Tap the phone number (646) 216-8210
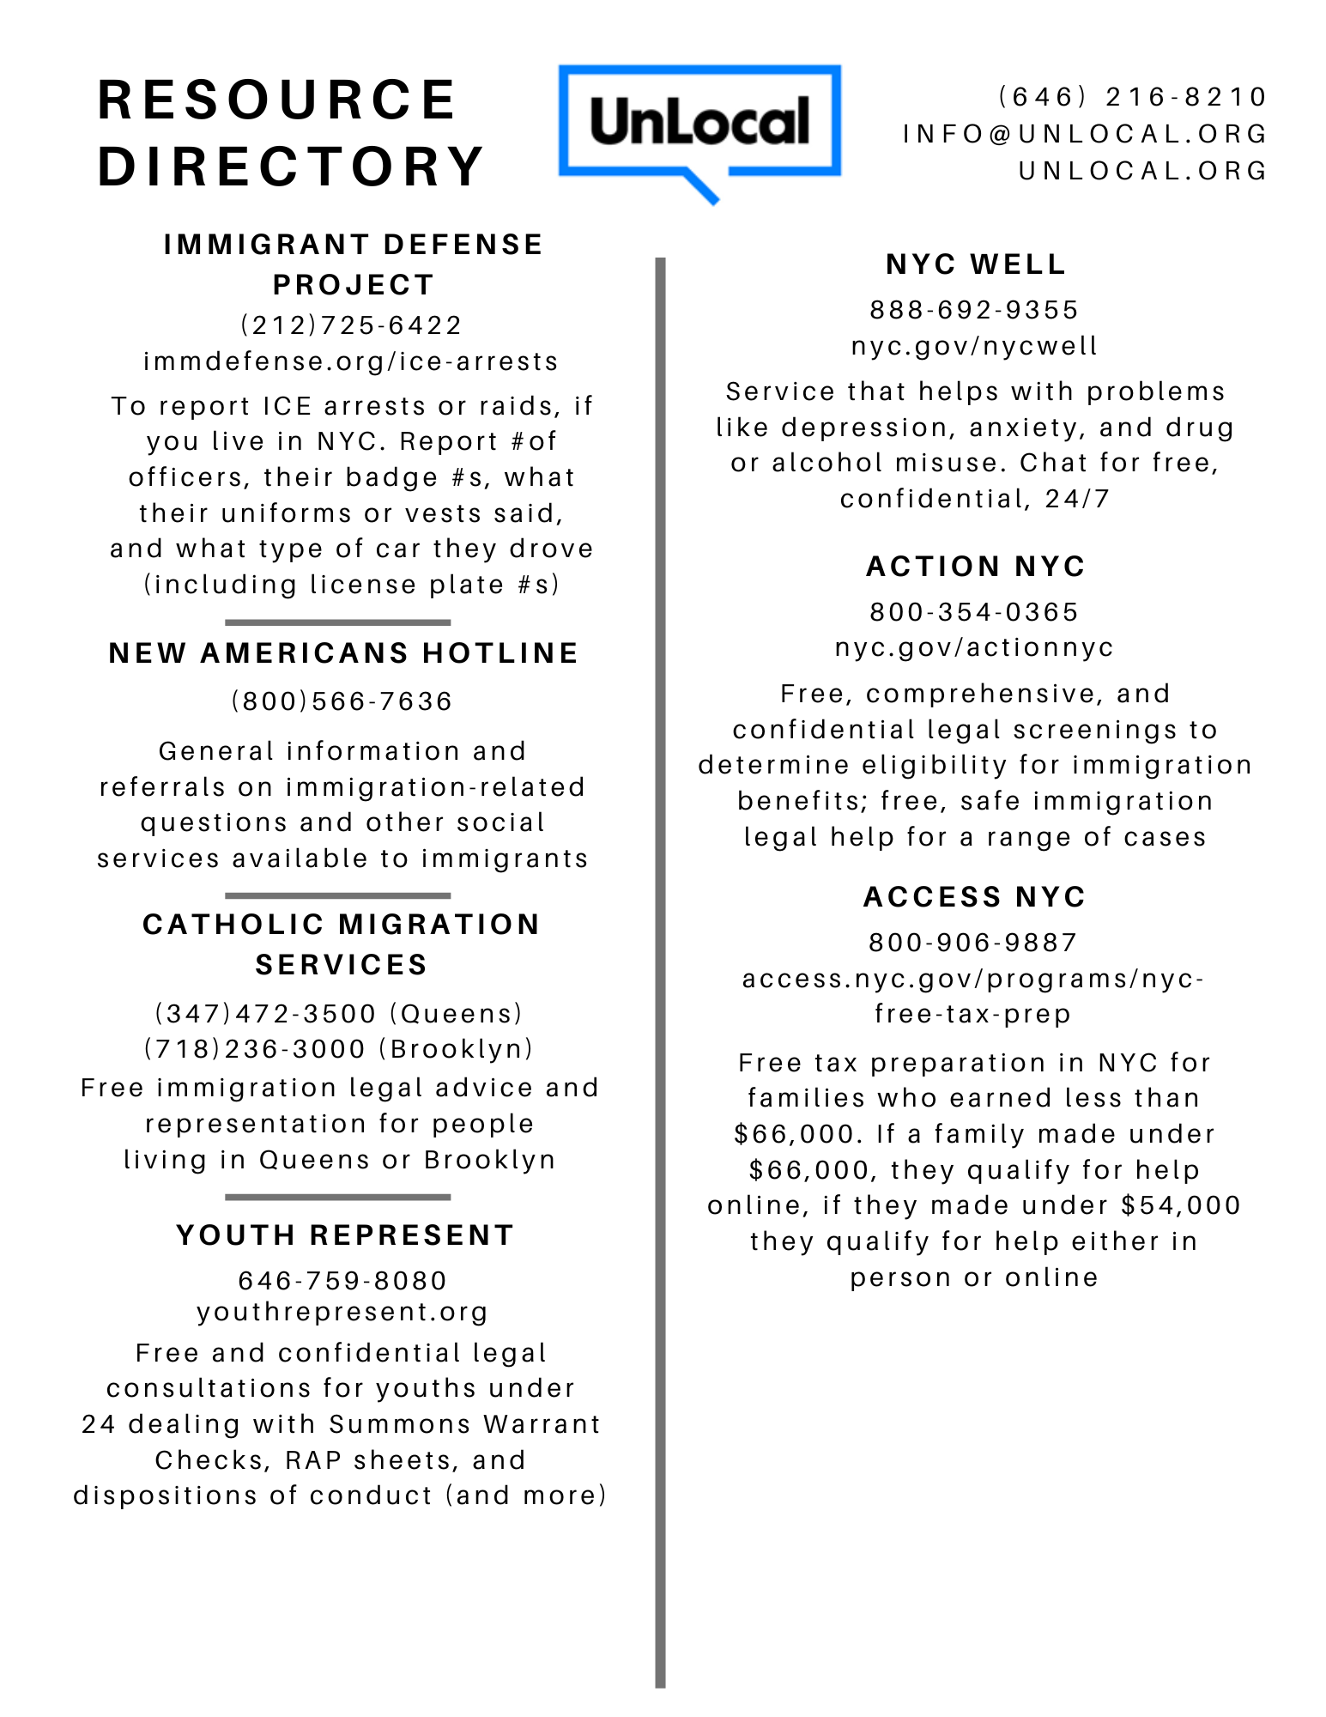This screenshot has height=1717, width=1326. (1133, 97)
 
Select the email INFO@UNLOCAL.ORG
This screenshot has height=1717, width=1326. (1085, 134)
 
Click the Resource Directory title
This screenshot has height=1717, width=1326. (291, 133)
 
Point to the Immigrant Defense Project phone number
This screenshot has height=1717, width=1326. (351, 325)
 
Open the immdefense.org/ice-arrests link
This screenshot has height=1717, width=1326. (351, 361)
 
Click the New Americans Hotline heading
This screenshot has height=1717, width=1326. (343, 653)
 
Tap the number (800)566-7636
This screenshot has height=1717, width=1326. (342, 701)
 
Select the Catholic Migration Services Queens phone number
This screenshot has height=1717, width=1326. (265, 1014)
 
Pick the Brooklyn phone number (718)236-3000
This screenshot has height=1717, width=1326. (255, 1049)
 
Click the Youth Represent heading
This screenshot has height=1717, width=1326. (345, 1235)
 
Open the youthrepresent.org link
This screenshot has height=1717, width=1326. (342, 1312)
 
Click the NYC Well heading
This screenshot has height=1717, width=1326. (976, 264)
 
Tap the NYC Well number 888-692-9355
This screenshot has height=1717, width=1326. (974, 310)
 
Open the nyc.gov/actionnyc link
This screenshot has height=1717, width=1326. (974, 647)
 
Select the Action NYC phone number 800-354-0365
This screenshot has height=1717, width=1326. (974, 612)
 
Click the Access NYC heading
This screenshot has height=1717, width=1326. (975, 897)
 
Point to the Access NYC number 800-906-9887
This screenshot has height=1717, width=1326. (973, 943)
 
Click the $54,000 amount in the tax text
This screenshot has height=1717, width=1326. (1181, 1205)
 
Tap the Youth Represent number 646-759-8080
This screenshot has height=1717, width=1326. (342, 1281)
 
